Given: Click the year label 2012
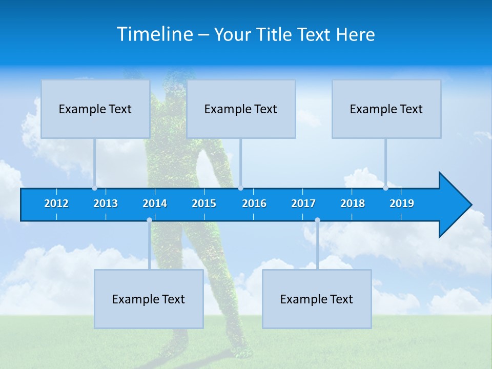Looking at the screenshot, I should click(56, 203).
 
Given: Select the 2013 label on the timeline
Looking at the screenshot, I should click(106, 203).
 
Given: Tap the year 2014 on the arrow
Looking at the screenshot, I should click(155, 203).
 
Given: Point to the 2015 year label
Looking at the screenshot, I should click(204, 203).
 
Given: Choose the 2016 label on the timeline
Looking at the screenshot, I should click(254, 203).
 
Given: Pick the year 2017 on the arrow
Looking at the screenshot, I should click(303, 203).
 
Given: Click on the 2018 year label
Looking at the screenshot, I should click(353, 203).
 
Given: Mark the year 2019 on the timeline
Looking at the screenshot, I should click(402, 203).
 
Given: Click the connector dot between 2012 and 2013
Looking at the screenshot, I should click(95, 188).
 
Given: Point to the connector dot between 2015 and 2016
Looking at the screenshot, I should click(240, 188).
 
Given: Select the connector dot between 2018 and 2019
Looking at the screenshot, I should click(386, 188).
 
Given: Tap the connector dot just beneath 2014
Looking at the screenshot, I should click(149, 220).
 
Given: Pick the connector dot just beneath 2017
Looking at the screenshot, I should click(317, 220).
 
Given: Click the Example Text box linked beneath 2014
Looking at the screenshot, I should click(149, 299).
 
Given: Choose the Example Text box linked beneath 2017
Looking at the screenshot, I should click(317, 299).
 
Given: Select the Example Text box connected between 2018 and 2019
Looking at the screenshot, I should click(386, 109).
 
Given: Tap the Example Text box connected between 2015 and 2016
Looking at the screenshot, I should click(241, 109).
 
